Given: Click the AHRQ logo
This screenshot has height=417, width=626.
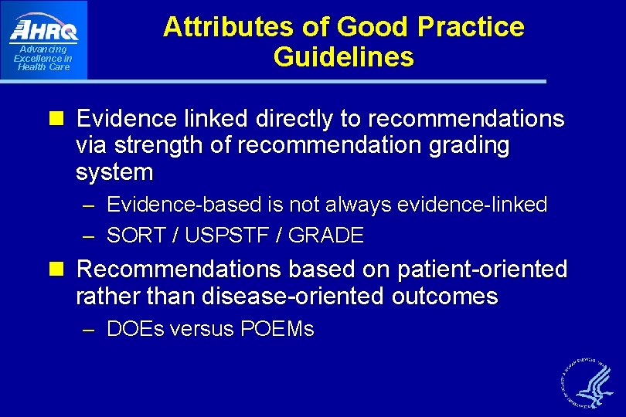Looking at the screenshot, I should [x=44, y=30].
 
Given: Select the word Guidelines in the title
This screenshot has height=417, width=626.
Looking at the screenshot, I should [x=343, y=57].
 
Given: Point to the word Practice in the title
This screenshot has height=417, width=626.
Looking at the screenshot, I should [x=471, y=28].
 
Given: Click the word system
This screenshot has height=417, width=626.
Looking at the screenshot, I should [x=114, y=172].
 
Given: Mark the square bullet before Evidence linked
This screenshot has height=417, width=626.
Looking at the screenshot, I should [x=63, y=120].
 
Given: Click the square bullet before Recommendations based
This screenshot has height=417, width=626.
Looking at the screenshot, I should [x=63, y=270].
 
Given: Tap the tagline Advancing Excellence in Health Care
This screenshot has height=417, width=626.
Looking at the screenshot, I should [x=43, y=59].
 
